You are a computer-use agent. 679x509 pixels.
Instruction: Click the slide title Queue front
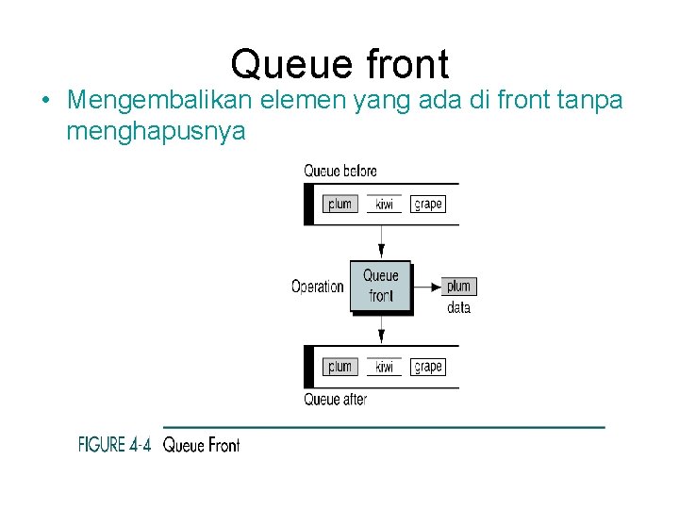pyautogui.click(x=339, y=64)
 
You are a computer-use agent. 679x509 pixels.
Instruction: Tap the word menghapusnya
pyautogui.click(x=156, y=131)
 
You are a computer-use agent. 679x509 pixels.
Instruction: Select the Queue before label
pyautogui.click(x=339, y=171)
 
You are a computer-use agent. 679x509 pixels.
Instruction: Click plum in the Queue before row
pyautogui.click(x=339, y=204)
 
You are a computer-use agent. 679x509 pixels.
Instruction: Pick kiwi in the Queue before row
pyautogui.click(x=384, y=205)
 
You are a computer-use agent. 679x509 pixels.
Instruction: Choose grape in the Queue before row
pyautogui.click(x=427, y=204)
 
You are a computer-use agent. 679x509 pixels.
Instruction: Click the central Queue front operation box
pyautogui.click(x=381, y=286)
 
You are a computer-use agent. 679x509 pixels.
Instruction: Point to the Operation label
pyautogui.click(x=317, y=287)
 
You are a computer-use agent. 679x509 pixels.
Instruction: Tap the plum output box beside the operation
pyautogui.click(x=458, y=286)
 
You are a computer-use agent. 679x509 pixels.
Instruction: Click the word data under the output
pyautogui.click(x=458, y=307)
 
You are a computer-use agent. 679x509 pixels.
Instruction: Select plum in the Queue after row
pyautogui.click(x=339, y=367)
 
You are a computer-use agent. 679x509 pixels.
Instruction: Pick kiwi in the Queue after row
pyautogui.click(x=384, y=368)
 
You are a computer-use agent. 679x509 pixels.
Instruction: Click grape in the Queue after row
pyautogui.click(x=427, y=367)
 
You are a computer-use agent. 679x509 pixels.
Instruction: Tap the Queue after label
pyautogui.click(x=335, y=400)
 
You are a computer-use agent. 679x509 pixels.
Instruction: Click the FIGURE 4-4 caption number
pyautogui.click(x=114, y=444)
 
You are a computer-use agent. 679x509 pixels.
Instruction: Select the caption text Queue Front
pyautogui.click(x=201, y=445)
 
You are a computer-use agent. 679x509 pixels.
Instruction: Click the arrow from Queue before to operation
pyautogui.click(x=381, y=242)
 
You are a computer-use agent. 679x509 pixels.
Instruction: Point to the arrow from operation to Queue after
pyautogui.click(x=381, y=329)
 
